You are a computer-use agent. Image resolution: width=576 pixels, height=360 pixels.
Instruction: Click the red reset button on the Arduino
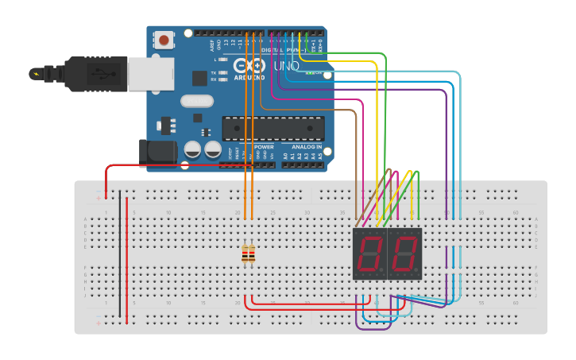coord(164,40)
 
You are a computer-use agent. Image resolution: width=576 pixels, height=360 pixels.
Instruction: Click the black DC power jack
coord(157,153)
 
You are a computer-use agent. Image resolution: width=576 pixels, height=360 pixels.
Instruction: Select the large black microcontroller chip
coord(273,127)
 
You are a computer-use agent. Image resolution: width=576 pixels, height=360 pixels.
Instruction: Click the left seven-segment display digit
coord(369,254)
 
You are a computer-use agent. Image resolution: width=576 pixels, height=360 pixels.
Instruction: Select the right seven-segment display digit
coord(404,254)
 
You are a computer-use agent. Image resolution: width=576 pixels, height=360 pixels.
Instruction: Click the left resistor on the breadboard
coord(245,254)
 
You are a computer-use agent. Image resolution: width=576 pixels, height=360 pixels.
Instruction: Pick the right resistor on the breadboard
coord(252,254)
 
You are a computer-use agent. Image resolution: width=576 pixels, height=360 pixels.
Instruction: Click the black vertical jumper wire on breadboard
coord(120,254)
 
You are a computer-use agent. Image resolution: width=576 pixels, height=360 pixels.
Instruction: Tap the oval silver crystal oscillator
coord(197,101)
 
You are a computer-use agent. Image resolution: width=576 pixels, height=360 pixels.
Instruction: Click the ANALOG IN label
coord(306,147)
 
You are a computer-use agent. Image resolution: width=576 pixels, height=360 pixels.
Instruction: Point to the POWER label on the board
coord(264,147)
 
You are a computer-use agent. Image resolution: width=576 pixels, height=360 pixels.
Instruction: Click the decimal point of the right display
coord(419,273)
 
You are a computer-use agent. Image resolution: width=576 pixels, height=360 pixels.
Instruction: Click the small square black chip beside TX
coord(199,78)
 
